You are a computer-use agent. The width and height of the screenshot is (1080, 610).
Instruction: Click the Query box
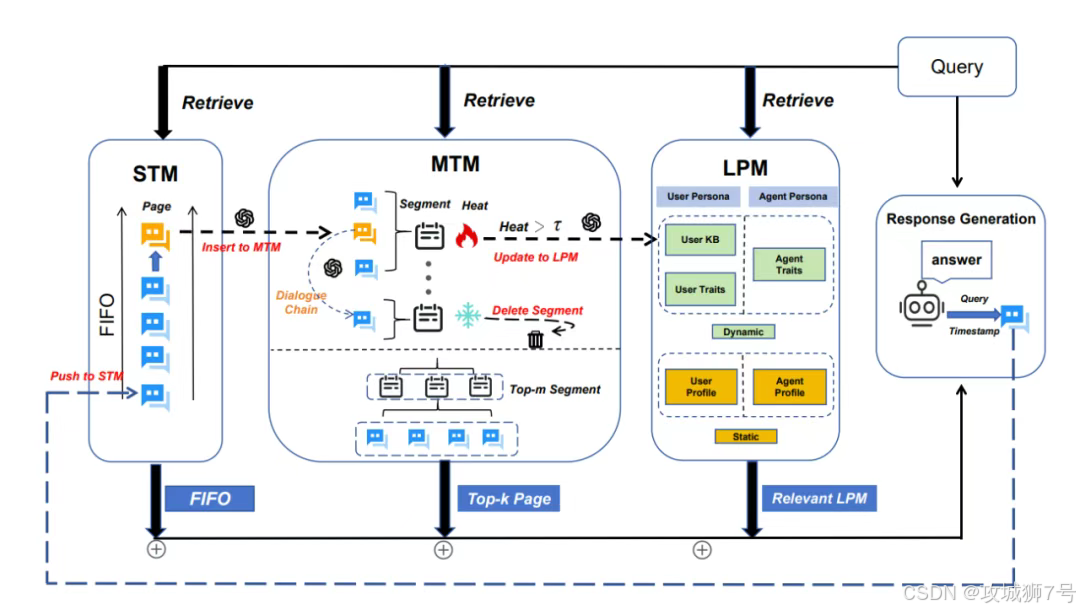click(957, 67)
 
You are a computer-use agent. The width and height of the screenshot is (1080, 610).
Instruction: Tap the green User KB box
click(700, 240)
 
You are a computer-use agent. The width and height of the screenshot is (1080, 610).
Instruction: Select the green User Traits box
click(700, 289)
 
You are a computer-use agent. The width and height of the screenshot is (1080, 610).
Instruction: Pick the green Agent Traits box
click(789, 264)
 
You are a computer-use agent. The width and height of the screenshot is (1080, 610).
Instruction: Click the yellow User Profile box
click(700, 386)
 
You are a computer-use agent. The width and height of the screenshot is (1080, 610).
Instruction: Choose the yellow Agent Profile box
click(789, 386)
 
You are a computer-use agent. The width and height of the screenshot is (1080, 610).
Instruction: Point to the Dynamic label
click(743, 332)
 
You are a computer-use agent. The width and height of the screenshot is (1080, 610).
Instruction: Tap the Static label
click(745, 437)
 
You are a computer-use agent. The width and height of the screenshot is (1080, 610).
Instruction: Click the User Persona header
click(698, 196)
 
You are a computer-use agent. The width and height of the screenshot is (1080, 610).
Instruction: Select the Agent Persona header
click(793, 196)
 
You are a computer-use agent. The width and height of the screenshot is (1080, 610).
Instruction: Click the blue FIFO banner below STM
click(210, 498)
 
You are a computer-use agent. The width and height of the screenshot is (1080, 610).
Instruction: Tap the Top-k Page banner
click(509, 498)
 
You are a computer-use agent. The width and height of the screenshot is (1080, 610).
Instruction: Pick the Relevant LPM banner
click(819, 498)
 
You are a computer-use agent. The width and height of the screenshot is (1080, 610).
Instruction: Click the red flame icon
click(467, 235)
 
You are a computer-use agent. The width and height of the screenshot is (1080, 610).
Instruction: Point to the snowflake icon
click(468, 315)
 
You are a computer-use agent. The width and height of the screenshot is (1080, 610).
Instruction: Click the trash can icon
click(535, 339)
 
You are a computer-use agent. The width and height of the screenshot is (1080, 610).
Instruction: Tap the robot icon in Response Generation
click(922, 304)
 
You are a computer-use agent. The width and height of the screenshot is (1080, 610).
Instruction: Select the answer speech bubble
click(956, 260)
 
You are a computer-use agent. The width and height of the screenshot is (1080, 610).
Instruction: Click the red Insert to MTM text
click(241, 247)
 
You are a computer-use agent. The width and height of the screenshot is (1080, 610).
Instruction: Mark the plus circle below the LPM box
click(702, 550)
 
